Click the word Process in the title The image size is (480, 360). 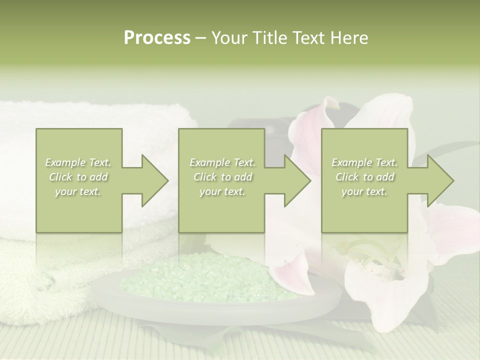pyautogui.click(x=157, y=38)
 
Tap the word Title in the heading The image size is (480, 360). pyautogui.click(x=269, y=38)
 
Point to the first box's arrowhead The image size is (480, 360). pyautogui.click(x=152, y=180)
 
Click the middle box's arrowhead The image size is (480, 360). pyautogui.click(x=295, y=180)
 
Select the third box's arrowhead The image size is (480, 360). pyautogui.click(x=438, y=180)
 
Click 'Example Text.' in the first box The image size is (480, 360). pyautogui.click(x=78, y=162)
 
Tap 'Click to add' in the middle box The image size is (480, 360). pyautogui.click(x=222, y=177)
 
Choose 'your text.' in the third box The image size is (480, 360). pyautogui.click(x=364, y=191)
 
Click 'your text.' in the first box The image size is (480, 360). pyautogui.click(x=78, y=191)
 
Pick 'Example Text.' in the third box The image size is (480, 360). pyautogui.click(x=364, y=162)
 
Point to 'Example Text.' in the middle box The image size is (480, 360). pyautogui.click(x=222, y=162)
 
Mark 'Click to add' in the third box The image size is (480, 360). pyautogui.click(x=364, y=177)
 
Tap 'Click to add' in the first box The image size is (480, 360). pyautogui.click(x=78, y=177)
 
